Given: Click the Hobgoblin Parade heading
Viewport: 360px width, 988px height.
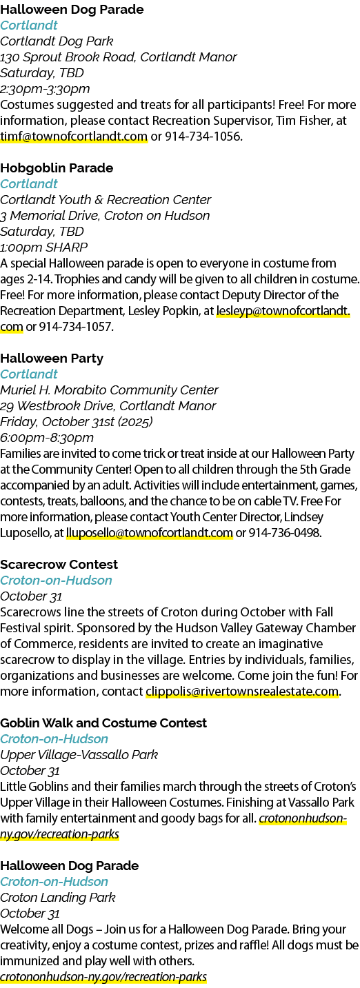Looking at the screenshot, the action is tap(57, 168).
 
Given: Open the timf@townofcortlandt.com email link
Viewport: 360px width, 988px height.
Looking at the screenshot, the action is tap(74, 137).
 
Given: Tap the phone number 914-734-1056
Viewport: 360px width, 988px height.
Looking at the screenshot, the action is tap(203, 137).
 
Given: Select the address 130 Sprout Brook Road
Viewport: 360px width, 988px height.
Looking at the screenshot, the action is tap(68, 57).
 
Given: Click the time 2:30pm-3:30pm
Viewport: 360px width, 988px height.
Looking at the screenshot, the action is tap(45, 89).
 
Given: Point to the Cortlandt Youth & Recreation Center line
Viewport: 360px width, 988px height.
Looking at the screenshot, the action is tap(106, 200).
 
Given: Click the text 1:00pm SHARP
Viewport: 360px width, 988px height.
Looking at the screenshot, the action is tap(43, 248).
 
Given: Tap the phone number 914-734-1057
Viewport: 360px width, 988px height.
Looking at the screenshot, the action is tap(76, 327).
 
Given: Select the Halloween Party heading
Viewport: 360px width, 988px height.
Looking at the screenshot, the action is tap(52, 359).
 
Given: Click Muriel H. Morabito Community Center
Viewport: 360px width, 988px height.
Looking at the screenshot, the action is tap(110, 390).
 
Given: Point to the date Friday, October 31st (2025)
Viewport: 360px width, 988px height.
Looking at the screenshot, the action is tap(77, 422).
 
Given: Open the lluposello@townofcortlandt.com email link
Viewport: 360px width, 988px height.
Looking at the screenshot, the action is tap(150, 533).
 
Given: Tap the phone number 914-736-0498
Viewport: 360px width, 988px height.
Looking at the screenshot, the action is tap(285, 533).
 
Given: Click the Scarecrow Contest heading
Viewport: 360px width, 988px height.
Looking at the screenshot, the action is tap(59, 565).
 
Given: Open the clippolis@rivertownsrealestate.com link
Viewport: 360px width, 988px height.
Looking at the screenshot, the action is tap(242, 691).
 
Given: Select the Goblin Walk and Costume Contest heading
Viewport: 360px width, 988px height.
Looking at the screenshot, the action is tap(103, 723).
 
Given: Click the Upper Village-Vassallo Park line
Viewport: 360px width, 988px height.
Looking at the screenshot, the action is tap(79, 755).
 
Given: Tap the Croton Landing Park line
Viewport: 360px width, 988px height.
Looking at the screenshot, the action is tap(58, 898).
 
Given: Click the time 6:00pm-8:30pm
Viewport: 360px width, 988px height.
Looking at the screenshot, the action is tap(47, 438).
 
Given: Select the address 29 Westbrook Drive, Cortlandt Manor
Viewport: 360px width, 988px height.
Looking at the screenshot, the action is tap(108, 406).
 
